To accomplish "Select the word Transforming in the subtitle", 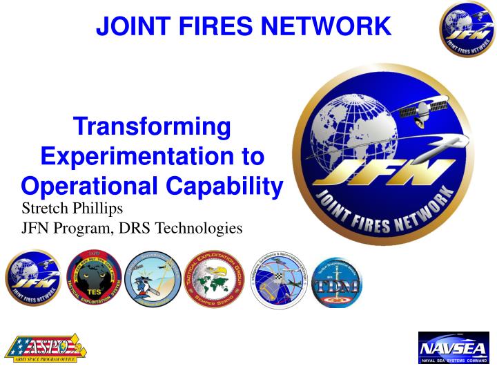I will click(x=152, y=128).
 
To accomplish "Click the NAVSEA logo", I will click(x=454, y=347).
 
